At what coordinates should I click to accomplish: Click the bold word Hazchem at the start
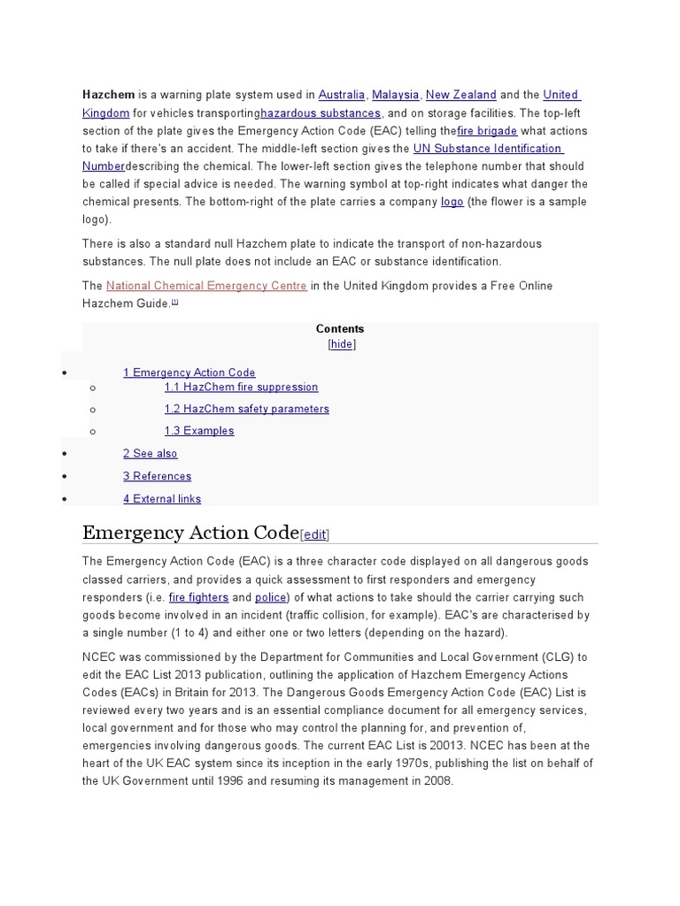pos(105,95)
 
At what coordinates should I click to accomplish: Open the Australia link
pos(341,95)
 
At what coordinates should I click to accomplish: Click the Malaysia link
pos(396,95)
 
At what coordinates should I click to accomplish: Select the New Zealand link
pos(460,95)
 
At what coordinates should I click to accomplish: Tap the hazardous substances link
pos(321,113)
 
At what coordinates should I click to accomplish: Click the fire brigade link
pos(487,131)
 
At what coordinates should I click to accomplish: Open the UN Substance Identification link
pos(487,149)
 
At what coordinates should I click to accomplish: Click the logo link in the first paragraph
pos(452,202)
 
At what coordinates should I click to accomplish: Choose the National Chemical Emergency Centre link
pos(206,286)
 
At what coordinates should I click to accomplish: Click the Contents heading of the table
pos(340,328)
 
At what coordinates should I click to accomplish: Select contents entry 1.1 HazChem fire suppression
pos(241,387)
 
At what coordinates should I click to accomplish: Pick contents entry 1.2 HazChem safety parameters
pos(246,409)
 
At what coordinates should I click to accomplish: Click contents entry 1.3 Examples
pos(199,431)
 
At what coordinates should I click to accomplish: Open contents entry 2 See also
pos(151,454)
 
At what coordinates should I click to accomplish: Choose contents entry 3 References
pos(157,476)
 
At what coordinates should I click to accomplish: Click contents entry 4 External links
pos(162,499)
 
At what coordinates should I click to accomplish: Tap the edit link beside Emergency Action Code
pos(315,535)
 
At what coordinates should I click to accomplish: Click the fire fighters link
pos(198,597)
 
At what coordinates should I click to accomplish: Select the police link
pos(271,597)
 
